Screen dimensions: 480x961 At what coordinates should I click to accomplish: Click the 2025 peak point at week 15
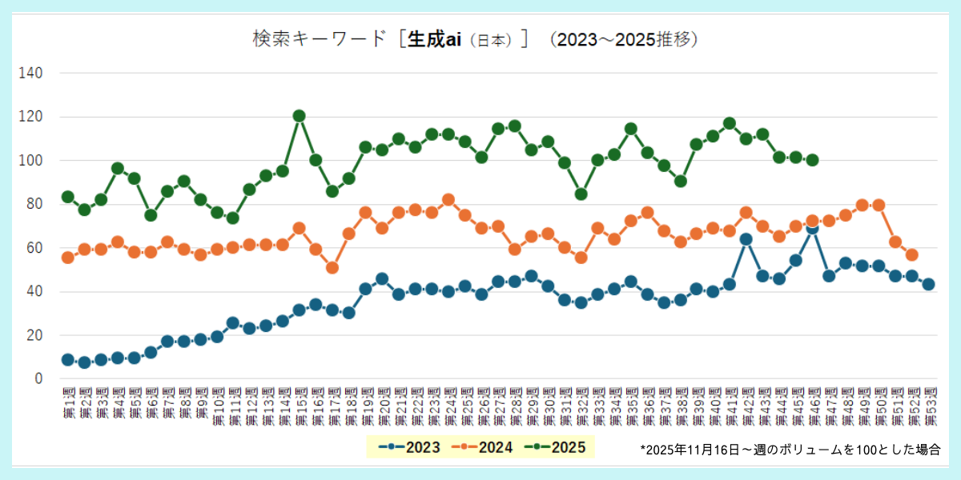click(x=300, y=116)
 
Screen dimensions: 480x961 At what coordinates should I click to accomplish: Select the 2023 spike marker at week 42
click(x=746, y=239)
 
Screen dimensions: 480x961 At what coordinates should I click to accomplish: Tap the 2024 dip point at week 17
click(x=332, y=267)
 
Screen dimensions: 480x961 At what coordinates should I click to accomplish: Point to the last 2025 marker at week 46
click(x=812, y=160)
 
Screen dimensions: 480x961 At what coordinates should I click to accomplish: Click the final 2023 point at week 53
click(x=928, y=284)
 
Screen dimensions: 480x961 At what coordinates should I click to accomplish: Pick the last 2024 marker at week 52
click(x=911, y=255)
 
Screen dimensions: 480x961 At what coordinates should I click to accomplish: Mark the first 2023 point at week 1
click(x=68, y=360)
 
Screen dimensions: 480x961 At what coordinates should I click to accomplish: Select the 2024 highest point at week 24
click(x=448, y=200)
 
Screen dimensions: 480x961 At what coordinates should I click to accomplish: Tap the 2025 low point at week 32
click(x=581, y=194)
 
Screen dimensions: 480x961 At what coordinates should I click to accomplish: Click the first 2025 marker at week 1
click(x=68, y=197)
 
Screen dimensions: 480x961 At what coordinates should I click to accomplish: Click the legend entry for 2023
click(x=410, y=447)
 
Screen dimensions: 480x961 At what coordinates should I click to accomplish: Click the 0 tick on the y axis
click(x=37, y=378)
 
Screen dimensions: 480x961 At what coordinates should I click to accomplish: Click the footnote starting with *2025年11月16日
click(x=790, y=450)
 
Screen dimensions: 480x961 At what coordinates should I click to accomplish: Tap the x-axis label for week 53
click(x=929, y=408)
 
